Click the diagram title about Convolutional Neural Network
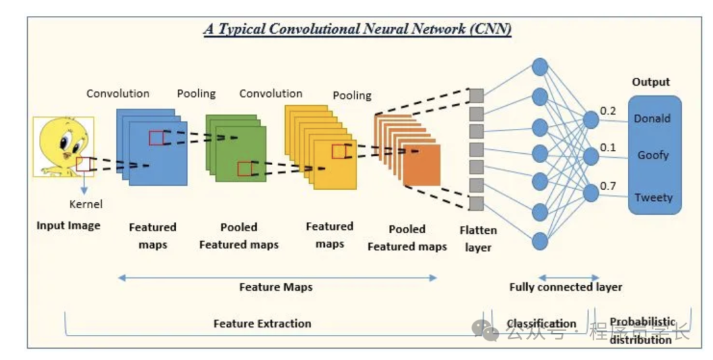point(356,30)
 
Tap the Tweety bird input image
point(63,147)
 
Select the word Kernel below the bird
point(86,204)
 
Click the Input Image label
point(69,225)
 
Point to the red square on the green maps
point(245,168)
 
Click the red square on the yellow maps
point(339,151)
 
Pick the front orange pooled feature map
point(421,164)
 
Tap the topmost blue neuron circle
point(540,66)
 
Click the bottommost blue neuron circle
point(540,241)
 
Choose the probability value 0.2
point(608,111)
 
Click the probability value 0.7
point(608,186)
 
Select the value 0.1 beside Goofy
point(608,147)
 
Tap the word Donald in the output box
point(652,119)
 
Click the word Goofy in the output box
point(653,155)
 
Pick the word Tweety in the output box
point(653,198)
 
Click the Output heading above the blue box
point(651,82)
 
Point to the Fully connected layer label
point(566,287)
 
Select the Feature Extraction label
point(262,324)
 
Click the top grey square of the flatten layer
point(477,95)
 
